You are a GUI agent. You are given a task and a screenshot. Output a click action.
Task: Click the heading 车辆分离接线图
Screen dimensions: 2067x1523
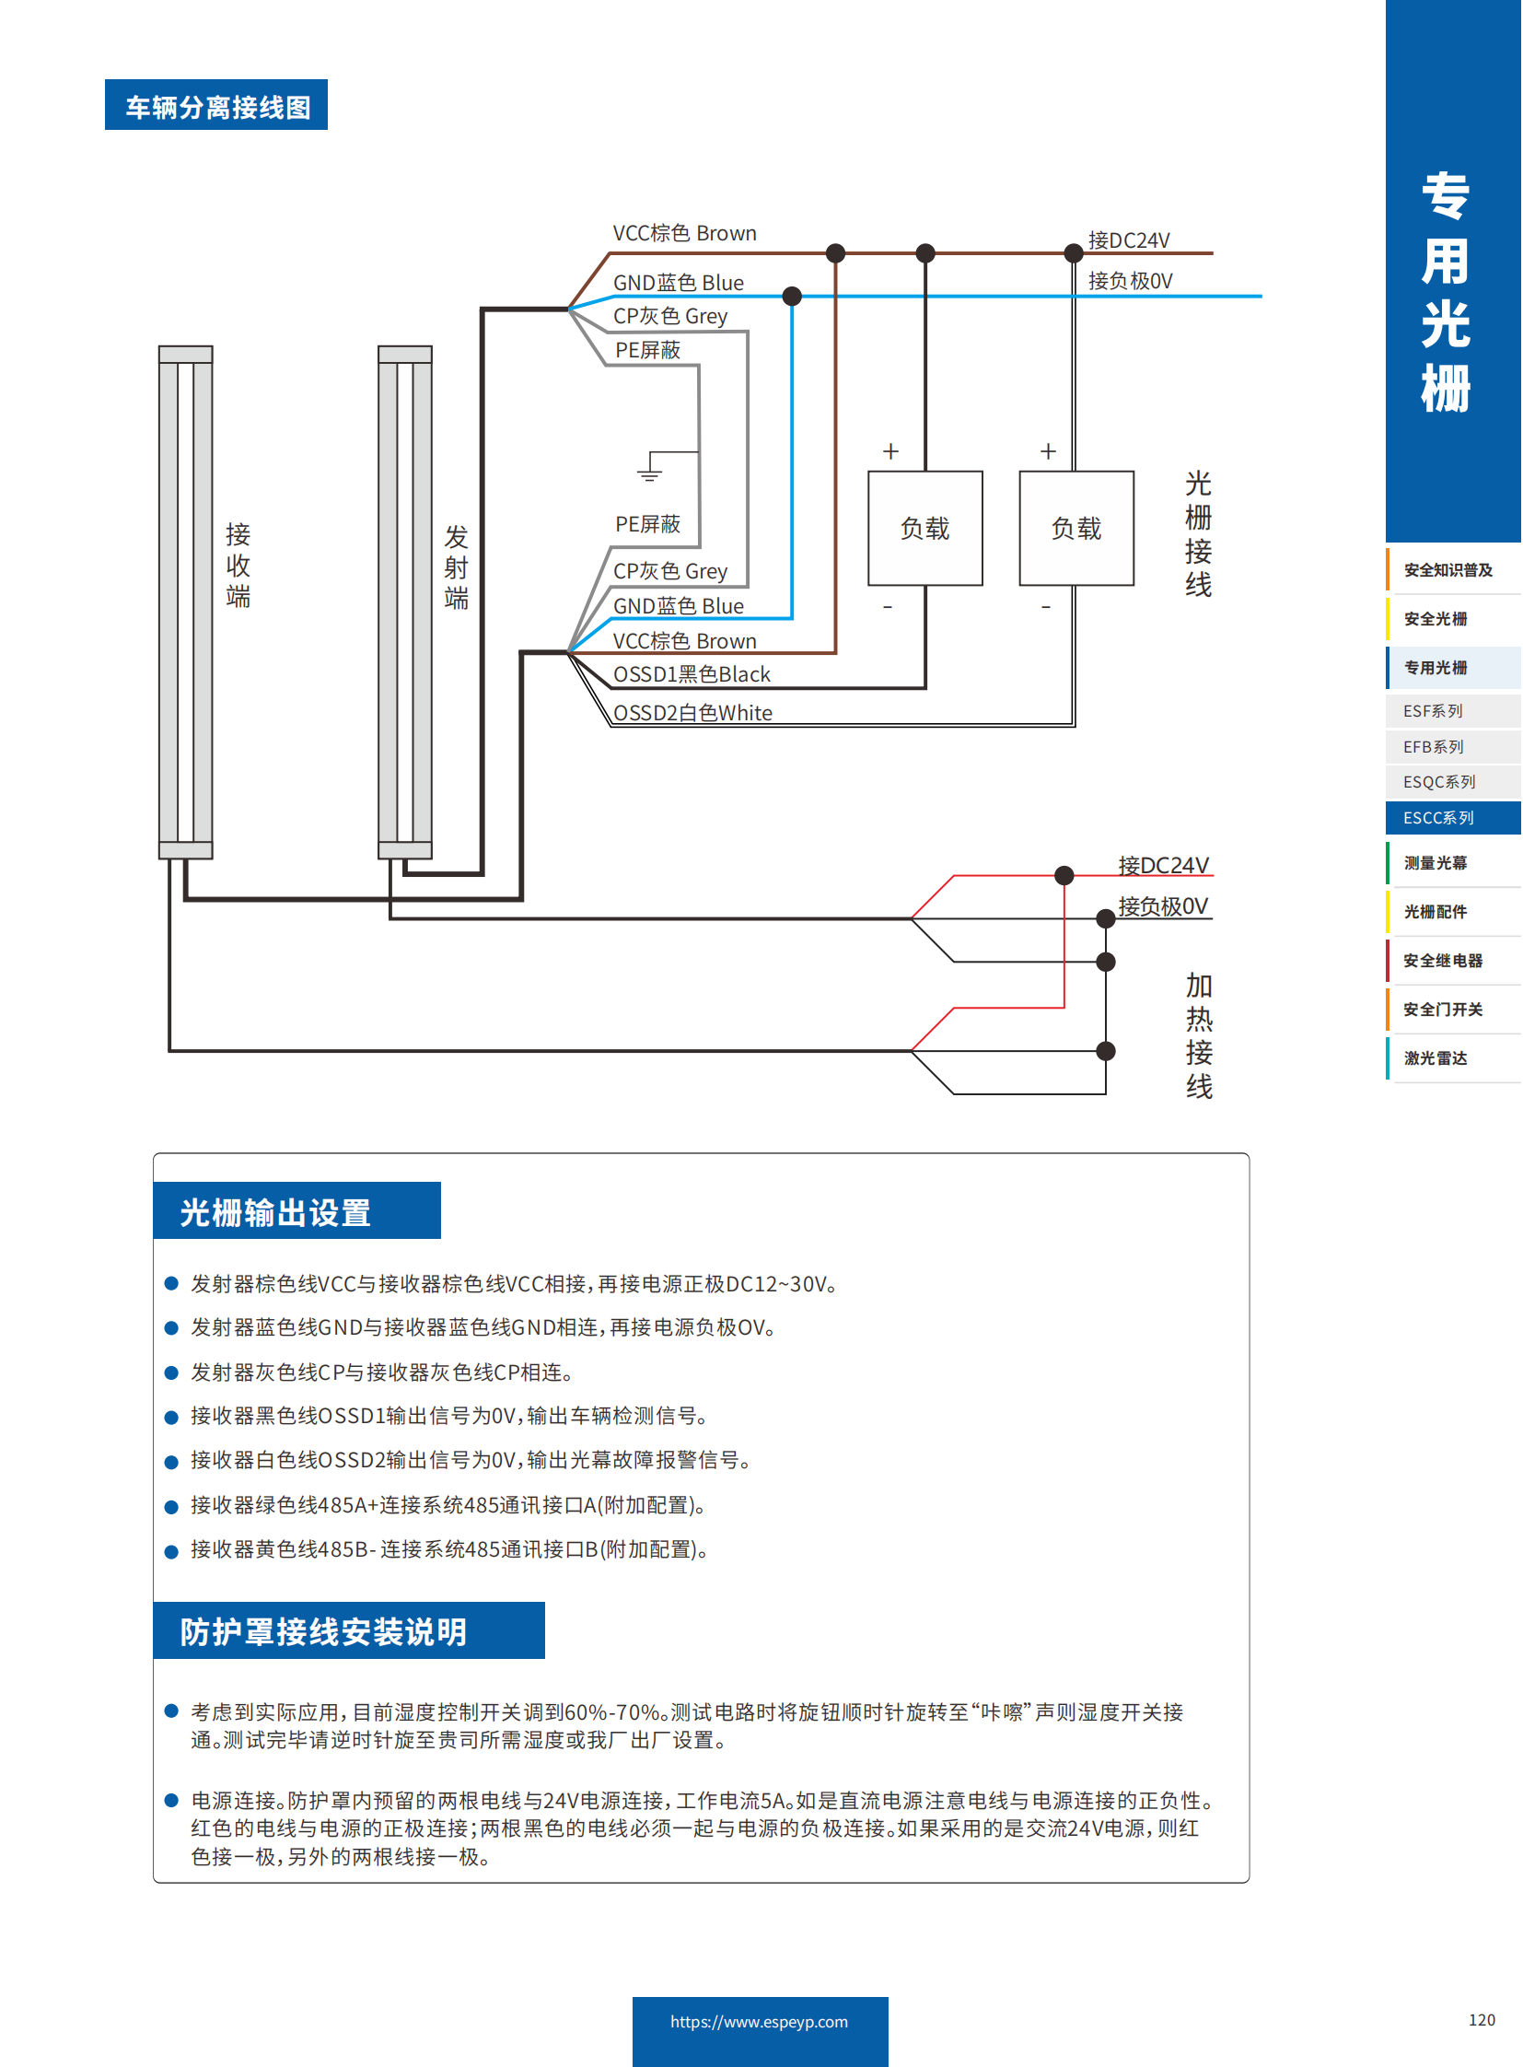[x=216, y=106]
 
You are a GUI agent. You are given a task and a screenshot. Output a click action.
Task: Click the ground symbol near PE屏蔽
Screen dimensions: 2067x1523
[x=649, y=473]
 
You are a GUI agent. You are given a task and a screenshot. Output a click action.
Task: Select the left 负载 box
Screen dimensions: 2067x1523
[x=924, y=529]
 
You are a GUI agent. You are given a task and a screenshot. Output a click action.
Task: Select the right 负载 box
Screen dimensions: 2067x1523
[x=1075, y=529]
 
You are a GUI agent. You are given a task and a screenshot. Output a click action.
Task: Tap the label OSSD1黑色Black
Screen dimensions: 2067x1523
[x=692, y=674]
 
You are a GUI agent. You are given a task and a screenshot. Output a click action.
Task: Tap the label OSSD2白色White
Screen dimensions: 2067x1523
[x=692, y=713]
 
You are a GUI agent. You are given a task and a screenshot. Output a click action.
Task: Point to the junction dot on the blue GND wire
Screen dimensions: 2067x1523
[x=792, y=296]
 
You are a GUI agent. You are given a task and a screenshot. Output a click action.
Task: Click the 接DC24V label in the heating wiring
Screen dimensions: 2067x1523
[x=1163, y=865]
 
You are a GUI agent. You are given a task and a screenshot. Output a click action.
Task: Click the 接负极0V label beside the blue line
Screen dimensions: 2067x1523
[x=1130, y=280]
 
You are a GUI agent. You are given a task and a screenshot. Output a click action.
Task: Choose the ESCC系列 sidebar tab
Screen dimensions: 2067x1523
[x=1438, y=818]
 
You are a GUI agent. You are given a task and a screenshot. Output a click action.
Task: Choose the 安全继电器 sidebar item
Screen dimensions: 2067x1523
[x=1443, y=960]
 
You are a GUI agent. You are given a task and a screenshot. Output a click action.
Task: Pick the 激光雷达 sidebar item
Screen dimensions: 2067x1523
[x=1436, y=1058]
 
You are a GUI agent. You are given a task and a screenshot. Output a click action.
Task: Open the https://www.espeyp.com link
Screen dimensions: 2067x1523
[x=760, y=2022]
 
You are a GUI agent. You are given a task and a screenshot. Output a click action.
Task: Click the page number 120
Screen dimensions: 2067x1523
[x=1482, y=2020]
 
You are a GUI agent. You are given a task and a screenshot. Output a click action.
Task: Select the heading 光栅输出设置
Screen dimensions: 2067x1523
[x=275, y=1212]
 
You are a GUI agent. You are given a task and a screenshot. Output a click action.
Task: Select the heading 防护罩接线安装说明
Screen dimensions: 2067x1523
[x=323, y=1631]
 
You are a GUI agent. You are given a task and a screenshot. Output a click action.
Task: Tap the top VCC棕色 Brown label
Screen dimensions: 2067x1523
[x=684, y=233]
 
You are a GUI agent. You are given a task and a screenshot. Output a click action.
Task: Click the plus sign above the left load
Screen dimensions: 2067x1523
[x=890, y=451]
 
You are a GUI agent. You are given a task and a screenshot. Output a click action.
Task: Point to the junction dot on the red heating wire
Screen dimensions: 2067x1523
[x=1064, y=875]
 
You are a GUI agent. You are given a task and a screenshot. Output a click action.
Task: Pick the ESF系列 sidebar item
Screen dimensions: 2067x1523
[x=1433, y=711]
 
